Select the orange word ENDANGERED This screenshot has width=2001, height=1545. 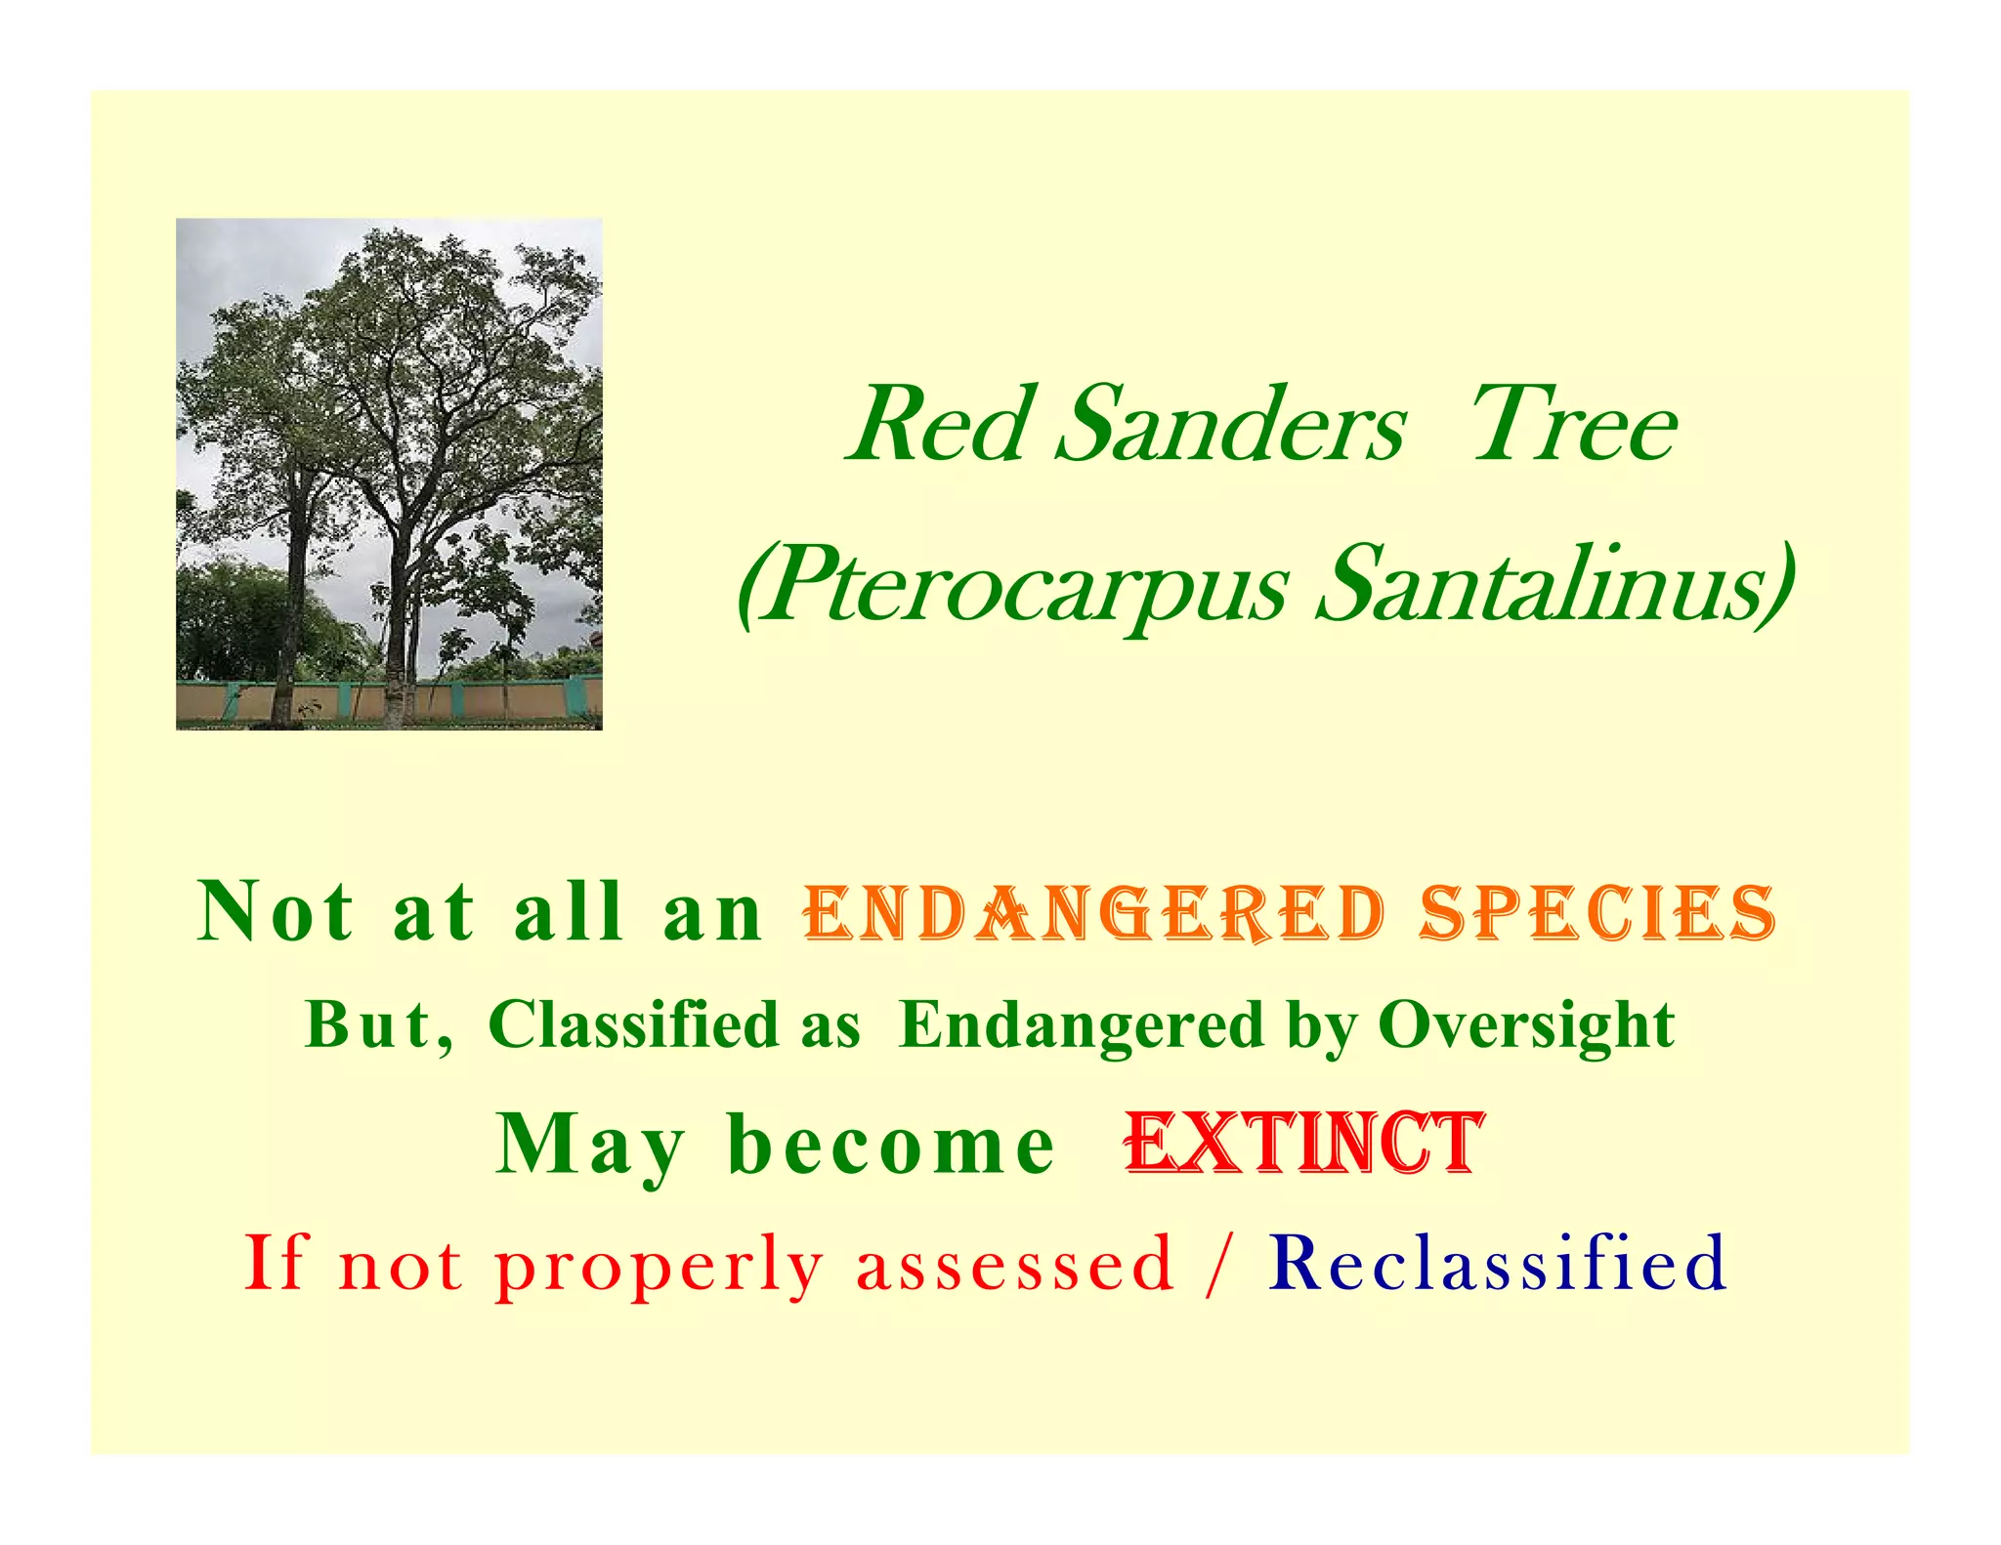pyautogui.click(x=1094, y=914)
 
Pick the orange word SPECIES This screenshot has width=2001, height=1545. pyautogui.click(x=1598, y=914)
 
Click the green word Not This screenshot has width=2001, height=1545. pyautogui.click(x=276, y=912)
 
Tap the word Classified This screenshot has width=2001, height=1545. pyautogui.click(x=633, y=1025)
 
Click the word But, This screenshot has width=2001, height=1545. pyautogui.click(x=379, y=1026)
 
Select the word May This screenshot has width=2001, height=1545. pyautogui.click(x=590, y=1147)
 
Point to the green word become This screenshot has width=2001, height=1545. pyautogui.click(x=891, y=1145)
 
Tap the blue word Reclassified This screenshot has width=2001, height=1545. pyautogui.click(x=1497, y=1262)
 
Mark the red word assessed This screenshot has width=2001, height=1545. pyautogui.click(x=1014, y=1264)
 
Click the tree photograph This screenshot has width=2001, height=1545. pyautogui.click(x=389, y=474)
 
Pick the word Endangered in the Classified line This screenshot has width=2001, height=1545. pyautogui.click(x=1082, y=1026)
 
